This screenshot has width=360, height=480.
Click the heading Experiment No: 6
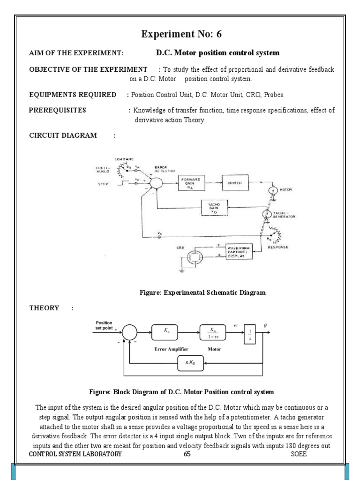tap(180, 34)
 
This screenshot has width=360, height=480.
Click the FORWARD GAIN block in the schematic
tap(192, 183)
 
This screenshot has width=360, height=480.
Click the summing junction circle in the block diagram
tap(130, 333)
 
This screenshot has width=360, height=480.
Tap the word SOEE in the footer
tap(299, 454)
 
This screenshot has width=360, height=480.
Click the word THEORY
tap(44, 308)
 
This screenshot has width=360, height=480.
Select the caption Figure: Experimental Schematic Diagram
tap(202, 292)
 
